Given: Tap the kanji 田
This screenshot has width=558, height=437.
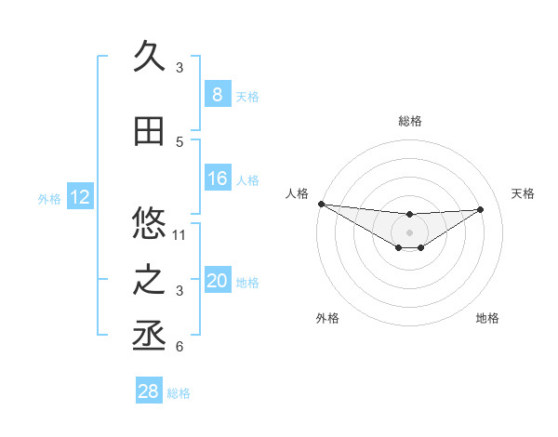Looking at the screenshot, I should [x=149, y=132].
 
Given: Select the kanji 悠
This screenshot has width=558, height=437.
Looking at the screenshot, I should [x=149, y=223].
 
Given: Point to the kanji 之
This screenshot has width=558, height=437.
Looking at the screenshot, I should [x=149, y=281].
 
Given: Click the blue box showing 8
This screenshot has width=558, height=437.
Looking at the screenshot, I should [x=217, y=95].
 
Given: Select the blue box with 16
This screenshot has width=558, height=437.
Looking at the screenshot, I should [x=217, y=179].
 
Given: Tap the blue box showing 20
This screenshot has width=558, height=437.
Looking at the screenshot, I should [x=217, y=281].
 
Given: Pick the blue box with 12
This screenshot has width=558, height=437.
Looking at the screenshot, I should [x=78, y=197].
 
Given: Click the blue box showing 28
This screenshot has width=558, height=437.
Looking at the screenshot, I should [x=149, y=391].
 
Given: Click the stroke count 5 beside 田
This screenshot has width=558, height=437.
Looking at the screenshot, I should [x=179, y=142].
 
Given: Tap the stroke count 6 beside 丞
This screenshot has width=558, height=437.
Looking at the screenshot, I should [x=179, y=348].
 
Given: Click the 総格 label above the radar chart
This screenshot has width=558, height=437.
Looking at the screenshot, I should [x=409, y=121].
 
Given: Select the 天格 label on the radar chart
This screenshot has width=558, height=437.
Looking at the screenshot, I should [x=523, y=193].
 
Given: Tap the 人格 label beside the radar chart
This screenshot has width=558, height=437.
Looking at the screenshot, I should [x=297, y=193].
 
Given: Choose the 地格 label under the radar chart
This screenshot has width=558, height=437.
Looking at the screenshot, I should [x=487, y=318].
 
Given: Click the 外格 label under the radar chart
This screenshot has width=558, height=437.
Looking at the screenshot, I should [x=327, y=318].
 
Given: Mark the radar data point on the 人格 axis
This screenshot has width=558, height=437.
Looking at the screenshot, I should [x=321, y=204].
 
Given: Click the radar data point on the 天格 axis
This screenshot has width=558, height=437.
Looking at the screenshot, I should [x=481, y=209].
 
